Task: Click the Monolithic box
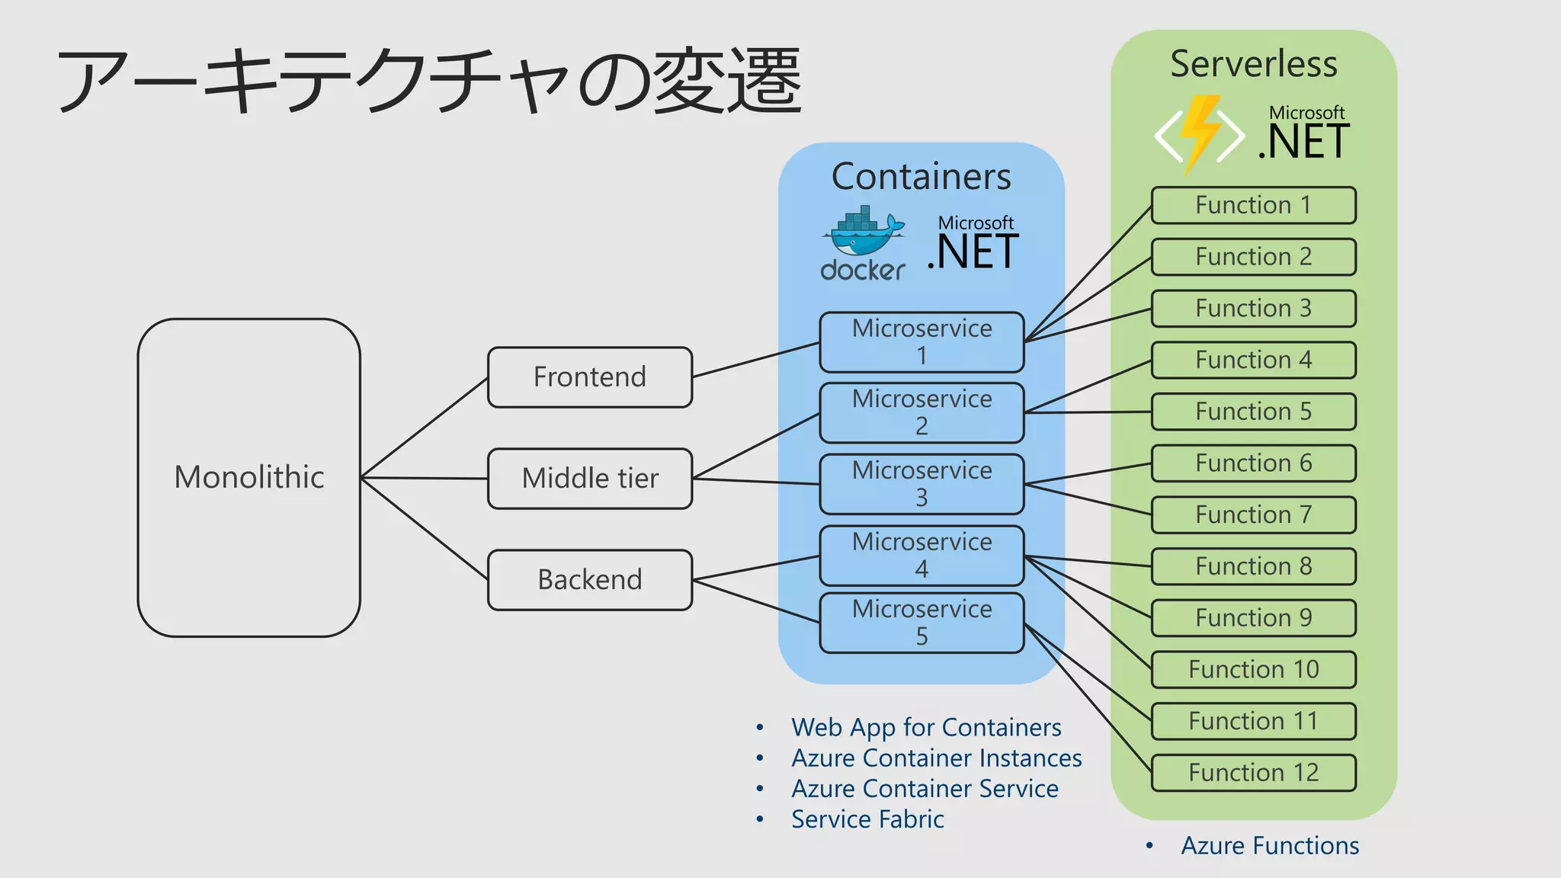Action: pos(248,477)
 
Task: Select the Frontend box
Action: pos(589,377)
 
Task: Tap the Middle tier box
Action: pos(589,478)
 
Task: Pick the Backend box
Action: pos(589,579)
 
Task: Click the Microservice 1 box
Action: pos(922,341)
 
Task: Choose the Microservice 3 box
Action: pos(922,483)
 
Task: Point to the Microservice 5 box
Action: pos(922,622)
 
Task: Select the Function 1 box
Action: pos(1253,205)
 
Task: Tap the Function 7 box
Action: pos(1253,514)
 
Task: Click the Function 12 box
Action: pos(1253,772)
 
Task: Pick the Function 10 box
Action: pos(1253,669)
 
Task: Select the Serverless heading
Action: pos(1253,64)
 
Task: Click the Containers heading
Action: pos(921,177)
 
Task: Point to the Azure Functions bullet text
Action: pos(1269,845)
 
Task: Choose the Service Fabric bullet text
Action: pos(867,819)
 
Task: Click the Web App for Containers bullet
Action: pos(925,727)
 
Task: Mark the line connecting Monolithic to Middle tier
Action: pos(424,478)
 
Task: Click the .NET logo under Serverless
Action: pos(1304,134)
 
